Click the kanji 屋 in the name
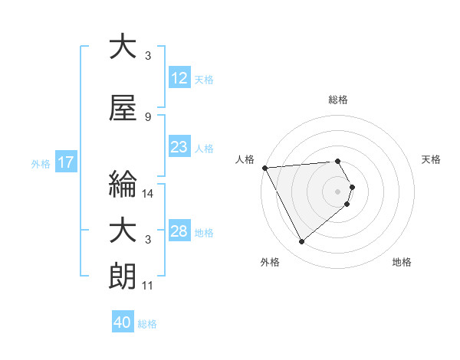click(x=123, y=109)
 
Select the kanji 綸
click(x=123, y=185)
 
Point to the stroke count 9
click(x=147, y=117)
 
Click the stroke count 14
click(x=147, y=194)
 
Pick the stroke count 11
click(x=147, y=286)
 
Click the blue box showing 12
click(x=179, y=78)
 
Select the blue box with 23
click(x=179, y=147)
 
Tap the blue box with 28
click(x=179, y=231)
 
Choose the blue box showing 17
click(x=65, y=162)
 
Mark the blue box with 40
click(x=123, y=323)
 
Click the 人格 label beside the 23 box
click(x=204, y=148)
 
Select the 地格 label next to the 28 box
click(x=204, y=232)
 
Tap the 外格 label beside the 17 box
click(x=41, y=163)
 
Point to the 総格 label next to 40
click(x=148, y=324)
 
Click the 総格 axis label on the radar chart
click(x=337, y=100)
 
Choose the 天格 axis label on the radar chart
click(x=432, y=159)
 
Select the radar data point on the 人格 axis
click(x=264, y=167)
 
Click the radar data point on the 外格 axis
click(x=301, y=242)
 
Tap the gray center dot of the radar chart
click(x=337, y=191)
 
